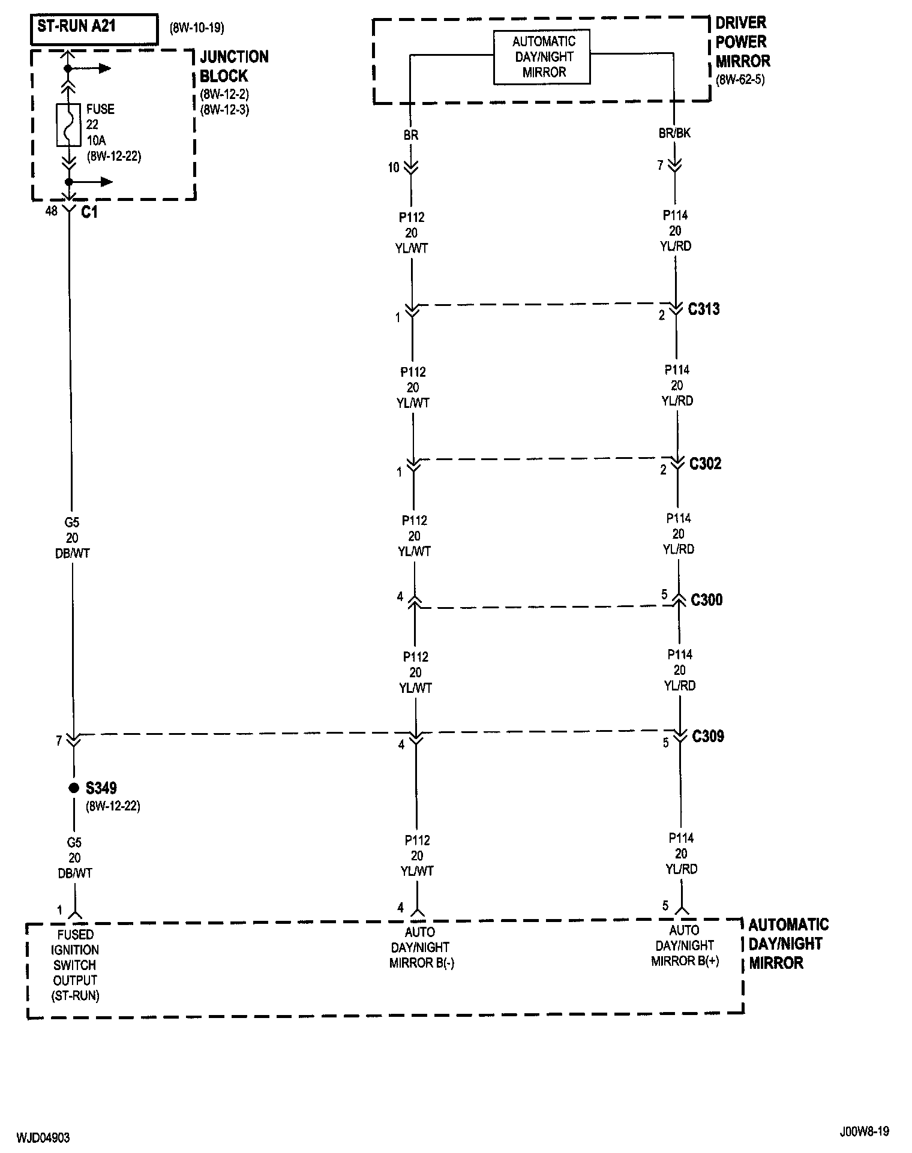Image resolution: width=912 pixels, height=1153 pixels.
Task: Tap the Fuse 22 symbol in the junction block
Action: click(x=68, y=125)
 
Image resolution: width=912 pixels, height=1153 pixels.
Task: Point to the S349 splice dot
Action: click(x=73, y=788)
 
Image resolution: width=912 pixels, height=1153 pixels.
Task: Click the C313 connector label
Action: click(x=704, y=309)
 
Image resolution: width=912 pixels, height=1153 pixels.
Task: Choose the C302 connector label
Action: click(x=705, y=463)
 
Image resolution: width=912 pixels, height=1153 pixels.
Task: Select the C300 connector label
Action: click(x=707, y=599)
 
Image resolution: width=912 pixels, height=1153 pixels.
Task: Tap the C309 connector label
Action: click(x=708, y=736)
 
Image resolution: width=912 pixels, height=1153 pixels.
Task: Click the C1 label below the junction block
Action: click(x=89, y=212)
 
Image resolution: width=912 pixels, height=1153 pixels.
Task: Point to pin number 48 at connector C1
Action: click(x=52, y=211)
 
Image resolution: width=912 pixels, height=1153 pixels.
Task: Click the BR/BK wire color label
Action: click(x=674, y=133)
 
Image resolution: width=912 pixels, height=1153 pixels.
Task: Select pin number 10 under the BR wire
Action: click(x=394, y=168)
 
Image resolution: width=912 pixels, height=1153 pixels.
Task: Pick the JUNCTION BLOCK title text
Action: click(x=233, y=66)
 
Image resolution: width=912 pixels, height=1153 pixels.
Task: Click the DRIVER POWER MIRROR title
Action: click(x=742, y=42)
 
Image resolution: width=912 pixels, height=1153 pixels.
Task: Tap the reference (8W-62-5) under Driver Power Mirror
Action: click(x=740, y=80)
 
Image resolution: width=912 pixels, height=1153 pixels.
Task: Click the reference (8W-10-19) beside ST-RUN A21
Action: click(x=197, y=28)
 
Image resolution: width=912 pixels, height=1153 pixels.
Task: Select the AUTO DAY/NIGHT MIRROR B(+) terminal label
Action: click(x=685, y=945)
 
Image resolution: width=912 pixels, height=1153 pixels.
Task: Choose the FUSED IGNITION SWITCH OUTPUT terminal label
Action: click(x=76, y=965)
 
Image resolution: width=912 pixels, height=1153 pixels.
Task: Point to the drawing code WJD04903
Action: click(x=43, y=1137)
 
